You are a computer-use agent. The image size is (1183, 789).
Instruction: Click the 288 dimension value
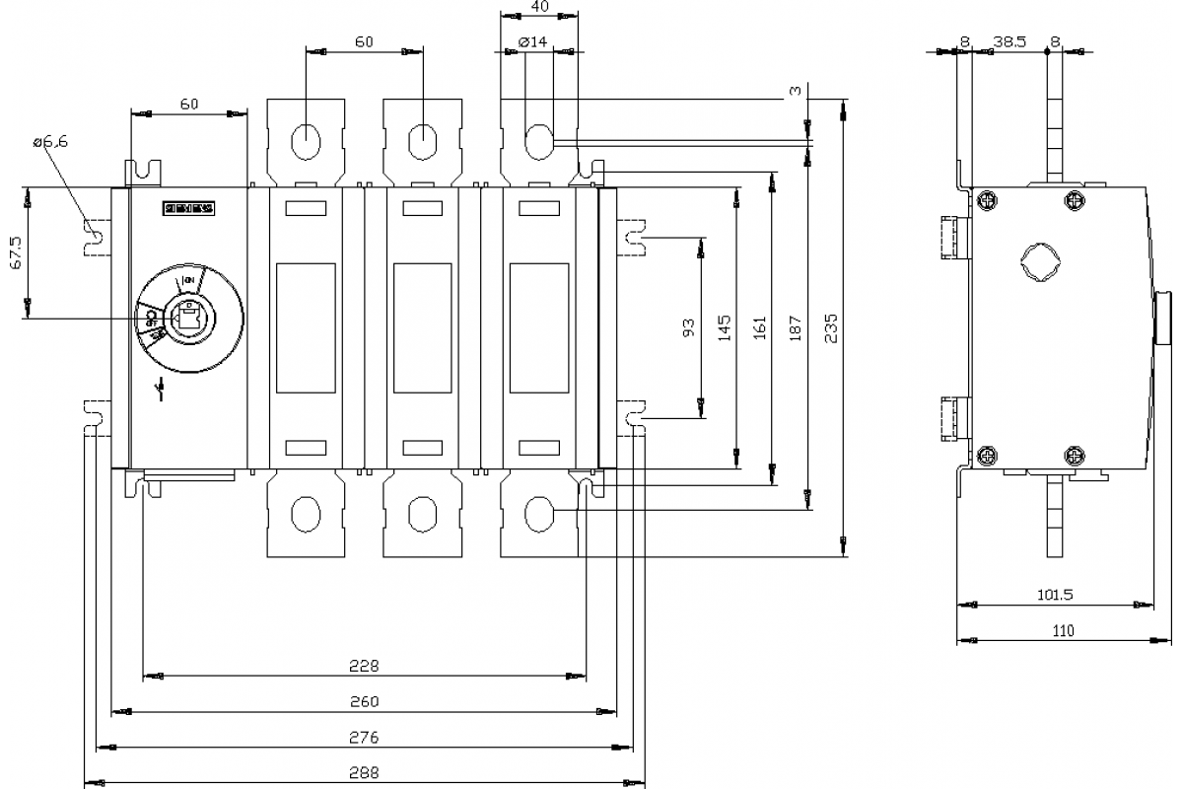point(365,773)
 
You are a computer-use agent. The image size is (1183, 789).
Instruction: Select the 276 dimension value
point(365,737)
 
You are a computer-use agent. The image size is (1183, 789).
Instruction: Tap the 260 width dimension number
point(365,701)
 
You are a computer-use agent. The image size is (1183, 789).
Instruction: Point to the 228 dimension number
point(365,666)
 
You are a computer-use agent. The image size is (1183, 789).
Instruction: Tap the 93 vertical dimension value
point(689,326)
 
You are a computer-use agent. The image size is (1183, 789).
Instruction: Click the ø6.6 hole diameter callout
point(50,143)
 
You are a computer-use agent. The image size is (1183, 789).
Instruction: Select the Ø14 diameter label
point(532,41)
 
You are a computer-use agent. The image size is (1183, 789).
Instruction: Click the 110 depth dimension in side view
point(1063,631)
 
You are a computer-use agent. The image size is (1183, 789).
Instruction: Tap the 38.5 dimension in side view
point(1009,42)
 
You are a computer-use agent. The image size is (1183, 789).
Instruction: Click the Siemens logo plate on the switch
point(187,209)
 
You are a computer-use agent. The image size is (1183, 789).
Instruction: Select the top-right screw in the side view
point(1075,201)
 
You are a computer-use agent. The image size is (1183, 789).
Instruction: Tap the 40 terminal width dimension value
point(538,6)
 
